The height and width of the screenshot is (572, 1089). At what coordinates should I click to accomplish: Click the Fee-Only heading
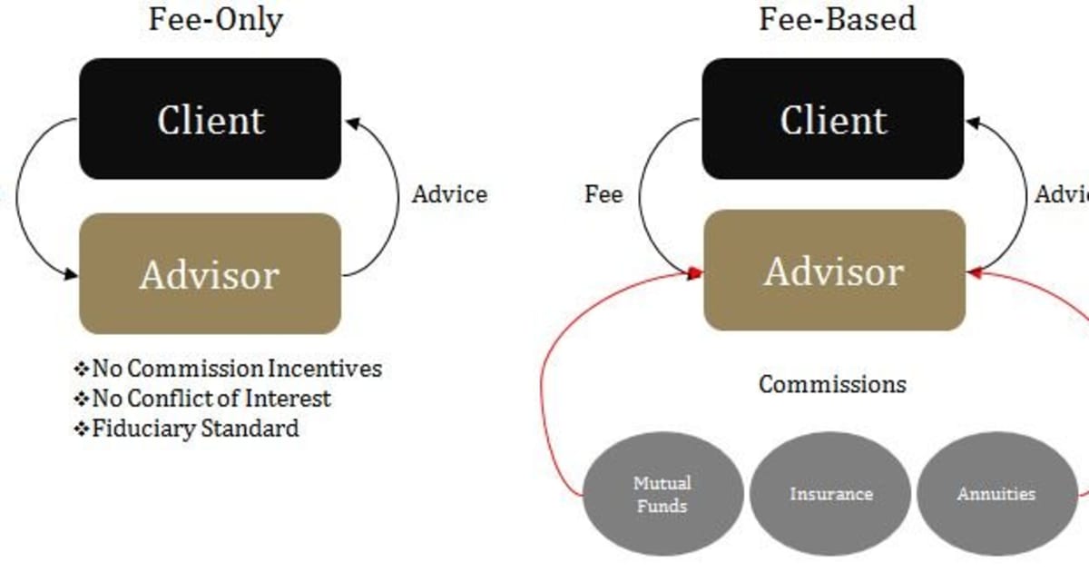tap(215, 20)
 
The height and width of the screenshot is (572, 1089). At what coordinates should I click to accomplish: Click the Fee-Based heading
tap(837, 20)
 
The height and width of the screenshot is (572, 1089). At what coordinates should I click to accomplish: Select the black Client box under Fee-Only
tap(211, 120)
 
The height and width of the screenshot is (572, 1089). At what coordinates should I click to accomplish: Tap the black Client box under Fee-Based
tap(833, 120)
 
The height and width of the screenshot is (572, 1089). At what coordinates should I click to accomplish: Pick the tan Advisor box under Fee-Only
tap(210, 274)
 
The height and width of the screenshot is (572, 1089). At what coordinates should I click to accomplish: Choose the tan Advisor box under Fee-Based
tap(834, 271)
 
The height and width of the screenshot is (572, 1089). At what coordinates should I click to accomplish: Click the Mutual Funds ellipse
tap(662, 494)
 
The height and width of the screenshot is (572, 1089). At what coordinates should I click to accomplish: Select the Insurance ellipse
tap(830, 494)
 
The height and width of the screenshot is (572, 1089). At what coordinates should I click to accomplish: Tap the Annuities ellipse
tap(996, 494)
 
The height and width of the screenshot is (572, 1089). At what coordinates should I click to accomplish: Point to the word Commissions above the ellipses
tap(832, 384)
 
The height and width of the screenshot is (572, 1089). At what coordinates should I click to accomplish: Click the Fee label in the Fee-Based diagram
tap(603, 194)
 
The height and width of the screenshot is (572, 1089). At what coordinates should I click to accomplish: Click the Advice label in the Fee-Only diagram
tap(449, 194)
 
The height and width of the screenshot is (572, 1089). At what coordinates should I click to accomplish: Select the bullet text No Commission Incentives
tap(237, 369)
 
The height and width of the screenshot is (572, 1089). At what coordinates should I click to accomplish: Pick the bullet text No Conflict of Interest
tap(211, 398)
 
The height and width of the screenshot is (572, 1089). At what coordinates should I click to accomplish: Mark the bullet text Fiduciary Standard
tap(195, 428)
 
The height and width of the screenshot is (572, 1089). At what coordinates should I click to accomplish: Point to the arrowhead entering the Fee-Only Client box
tap(349, 122)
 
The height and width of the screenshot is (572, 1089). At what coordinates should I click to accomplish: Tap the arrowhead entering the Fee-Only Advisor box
tap(73, 274)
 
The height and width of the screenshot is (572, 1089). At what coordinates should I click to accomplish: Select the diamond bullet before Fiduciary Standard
tap(82, 428)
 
